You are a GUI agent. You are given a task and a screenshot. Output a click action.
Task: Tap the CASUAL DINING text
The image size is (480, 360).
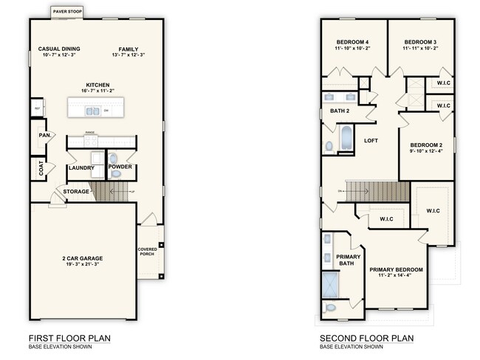[59, 49]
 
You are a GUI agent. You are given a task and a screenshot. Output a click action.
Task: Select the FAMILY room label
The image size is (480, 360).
[128, 49]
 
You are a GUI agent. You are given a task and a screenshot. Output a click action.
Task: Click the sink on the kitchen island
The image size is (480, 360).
[92, 111]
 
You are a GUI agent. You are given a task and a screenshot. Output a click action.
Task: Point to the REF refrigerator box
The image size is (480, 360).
[36, 109]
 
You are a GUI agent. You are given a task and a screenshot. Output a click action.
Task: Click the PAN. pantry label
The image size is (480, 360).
[44, 136]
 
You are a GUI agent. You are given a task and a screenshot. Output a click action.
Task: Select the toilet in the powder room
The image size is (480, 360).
[113, 158]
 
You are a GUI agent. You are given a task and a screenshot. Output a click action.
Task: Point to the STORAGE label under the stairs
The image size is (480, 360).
[76, 192]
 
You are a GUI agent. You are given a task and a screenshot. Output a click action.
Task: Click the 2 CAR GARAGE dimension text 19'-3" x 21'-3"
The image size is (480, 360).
[82, 264]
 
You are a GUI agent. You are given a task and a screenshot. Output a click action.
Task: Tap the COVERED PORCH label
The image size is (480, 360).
[148, 252]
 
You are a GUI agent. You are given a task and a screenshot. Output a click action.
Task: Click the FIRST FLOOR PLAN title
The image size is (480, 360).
[69, 338]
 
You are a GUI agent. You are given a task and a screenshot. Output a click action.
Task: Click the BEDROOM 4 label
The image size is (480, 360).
[353, 42]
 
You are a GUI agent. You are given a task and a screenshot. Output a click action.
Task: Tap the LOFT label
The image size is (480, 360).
[371, 140]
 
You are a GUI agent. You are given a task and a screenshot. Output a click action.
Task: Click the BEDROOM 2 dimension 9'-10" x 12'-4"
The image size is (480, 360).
[426, 151]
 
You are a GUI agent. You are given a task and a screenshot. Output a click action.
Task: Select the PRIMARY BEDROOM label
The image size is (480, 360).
[396, 269]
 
